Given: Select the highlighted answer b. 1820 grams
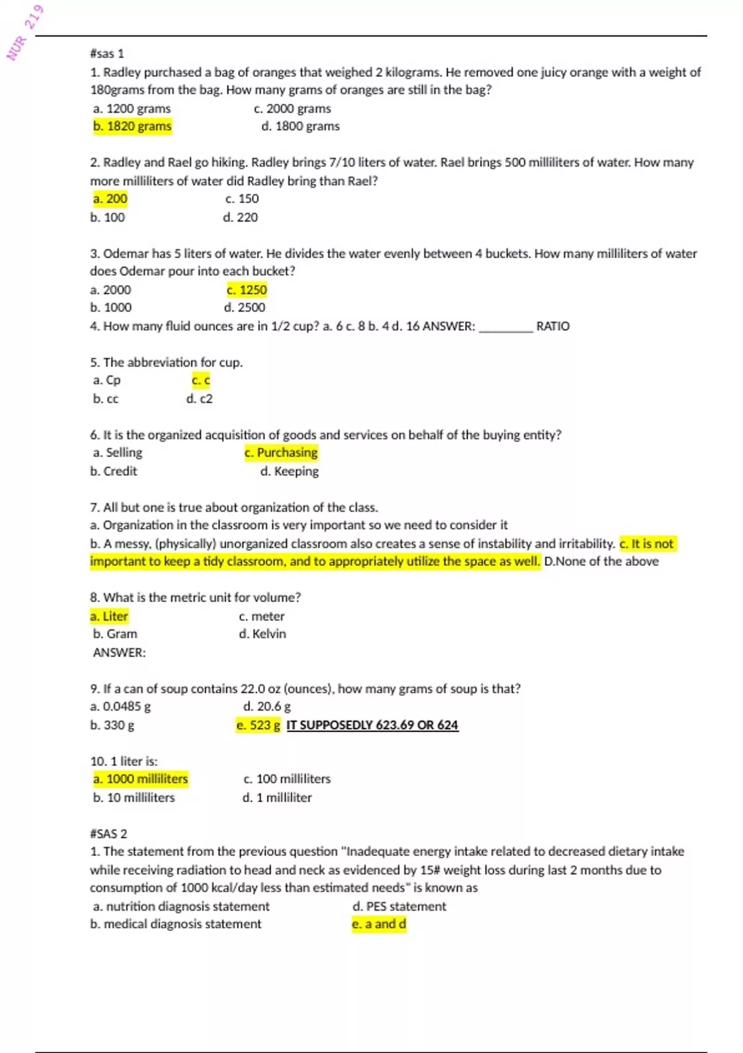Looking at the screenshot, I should pyautogui.click(x=133, y=126).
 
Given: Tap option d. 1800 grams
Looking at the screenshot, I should pyautogui.click(x=300, y=126).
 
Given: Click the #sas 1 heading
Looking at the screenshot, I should pyautogui.click(x=106, y=54).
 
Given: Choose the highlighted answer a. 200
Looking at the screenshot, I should pyautogui.click(x=110, y=199).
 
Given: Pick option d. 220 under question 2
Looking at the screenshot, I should pyautogui.click(x=240, y=217).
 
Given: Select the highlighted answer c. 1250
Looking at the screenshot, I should pyautogui.click(x=246, y=290).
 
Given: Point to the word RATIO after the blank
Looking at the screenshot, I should pyautogui.click(x=552, y=326).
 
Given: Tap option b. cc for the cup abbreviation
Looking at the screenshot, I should pyautogui.click(x=106, y=399).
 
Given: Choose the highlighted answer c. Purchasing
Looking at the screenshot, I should pyautogui.click(x=281, y=453).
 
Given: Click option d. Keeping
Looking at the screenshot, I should pyautogui.click(x=289, y=471).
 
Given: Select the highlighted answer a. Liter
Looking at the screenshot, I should pyautogui.click(x=109, y=616).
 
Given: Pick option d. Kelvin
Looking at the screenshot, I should pyautogui.click(x=263, y=634).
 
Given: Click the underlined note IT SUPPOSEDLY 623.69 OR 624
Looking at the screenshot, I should pyautogui.click(x=372, y=725).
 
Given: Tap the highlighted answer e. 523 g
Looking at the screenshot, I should pyautogui.click(x=258, y=725).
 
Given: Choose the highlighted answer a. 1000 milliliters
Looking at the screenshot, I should pyautogui.click(x=141, y=779).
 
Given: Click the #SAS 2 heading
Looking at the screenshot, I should pyautogui.click(x=108, y=834).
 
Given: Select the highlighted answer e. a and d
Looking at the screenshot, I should pyautogui.click(x=379, y=924).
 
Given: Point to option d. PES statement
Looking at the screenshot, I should pyautogui.click(x=399, y=906).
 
